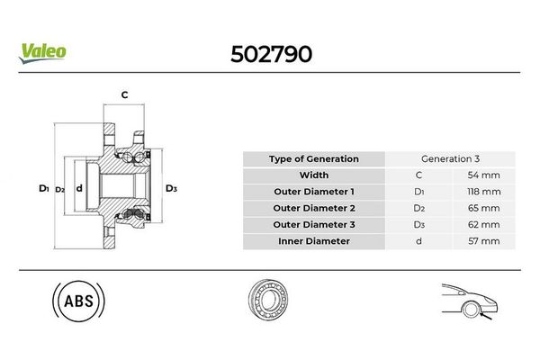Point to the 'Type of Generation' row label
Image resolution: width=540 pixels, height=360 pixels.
(x=313, y=159)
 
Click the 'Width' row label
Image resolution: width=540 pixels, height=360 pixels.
(x=313, y=175)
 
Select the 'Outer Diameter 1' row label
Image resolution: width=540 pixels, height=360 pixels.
(x=313, y=192)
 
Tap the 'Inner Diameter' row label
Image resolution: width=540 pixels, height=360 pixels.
(x=313, y=240)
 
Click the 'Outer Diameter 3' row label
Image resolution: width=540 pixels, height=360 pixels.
(x=313, y=224)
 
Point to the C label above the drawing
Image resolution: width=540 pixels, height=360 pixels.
(x=124, y=94)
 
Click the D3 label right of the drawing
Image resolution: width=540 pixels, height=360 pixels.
(x=171, y=188)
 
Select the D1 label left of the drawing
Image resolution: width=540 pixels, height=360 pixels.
(x=42, y=188)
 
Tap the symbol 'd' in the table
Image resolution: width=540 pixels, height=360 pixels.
(x=418, y=240)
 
